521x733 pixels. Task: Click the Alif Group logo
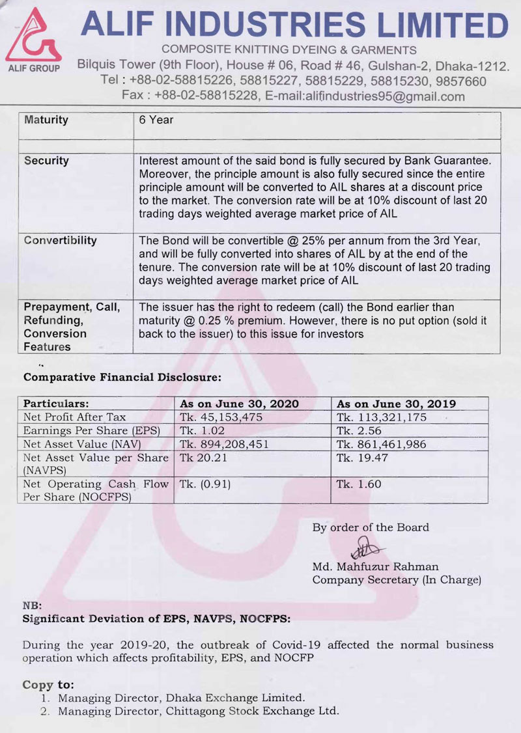tap(33, 40)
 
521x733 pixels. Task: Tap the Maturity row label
tap(46, 120)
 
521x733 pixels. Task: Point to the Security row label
tap(46, 161)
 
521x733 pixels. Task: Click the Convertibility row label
tap(60, 240)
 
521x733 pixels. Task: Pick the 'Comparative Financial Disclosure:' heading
tap(122, 377)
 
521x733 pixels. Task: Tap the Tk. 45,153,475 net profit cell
tap(221, 417)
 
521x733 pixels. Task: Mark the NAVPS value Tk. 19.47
tap(358, 458)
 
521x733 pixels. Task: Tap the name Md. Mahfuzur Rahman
tap(375, 567)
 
